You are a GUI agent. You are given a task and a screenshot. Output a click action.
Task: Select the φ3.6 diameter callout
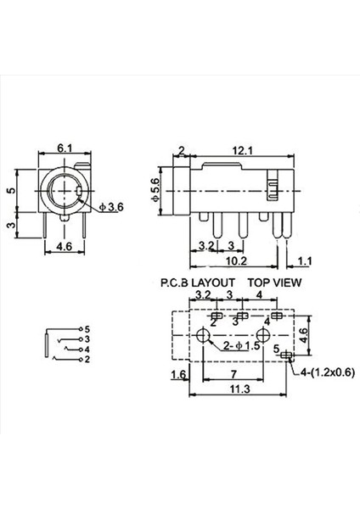pyautogui.click(x=111, y=207)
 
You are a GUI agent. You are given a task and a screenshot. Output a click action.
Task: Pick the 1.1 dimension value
pyautogui.click(x=305, y=261)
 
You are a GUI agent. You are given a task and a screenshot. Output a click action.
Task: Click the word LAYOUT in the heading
pyautogui.click(x=214, y=282)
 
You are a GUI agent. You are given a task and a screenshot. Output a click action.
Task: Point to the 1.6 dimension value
pyautogui.click(x=179, y=374)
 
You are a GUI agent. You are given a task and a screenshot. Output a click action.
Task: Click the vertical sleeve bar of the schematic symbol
pyautogui.click(x=44, y=344)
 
